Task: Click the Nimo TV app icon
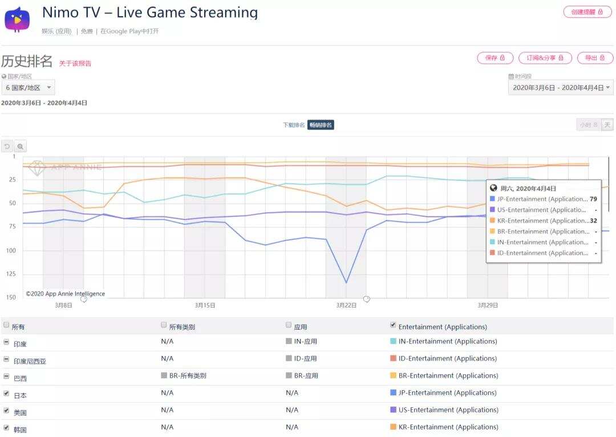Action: (x=18, y=19)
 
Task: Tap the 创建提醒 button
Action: (x=587, y=12)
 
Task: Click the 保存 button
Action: (x=494, y=58)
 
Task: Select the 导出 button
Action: (x=595, y=58)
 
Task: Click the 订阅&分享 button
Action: (x=545, y=58)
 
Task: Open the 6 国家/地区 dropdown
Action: (x=28, y=88)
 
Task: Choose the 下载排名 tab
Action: (x=294, y=125)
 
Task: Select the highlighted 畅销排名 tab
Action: (x=321, y=125)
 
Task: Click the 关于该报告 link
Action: (x=75, y=63)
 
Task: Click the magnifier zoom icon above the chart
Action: (x=21, y=147)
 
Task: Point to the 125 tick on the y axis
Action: (x=11, y=274)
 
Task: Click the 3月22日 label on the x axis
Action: (x=346, y=305)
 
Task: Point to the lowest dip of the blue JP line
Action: (x=346, y=282)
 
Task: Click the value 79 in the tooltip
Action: (x=593, y=199)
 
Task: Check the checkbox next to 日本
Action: (x=6, y=394)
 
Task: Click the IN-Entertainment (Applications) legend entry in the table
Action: (x=447, y=341)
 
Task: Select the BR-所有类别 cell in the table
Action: (x=188, y=375)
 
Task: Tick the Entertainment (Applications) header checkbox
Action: (x=393, y=325)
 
